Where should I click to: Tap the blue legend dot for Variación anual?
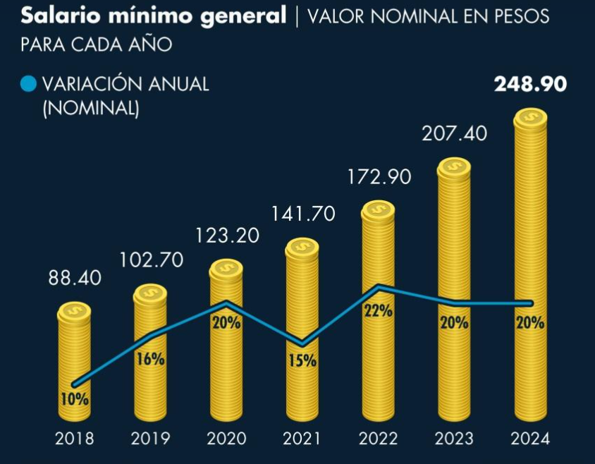coord(28,85)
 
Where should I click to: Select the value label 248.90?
coord(530,85)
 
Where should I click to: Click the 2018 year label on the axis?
coord(75,439)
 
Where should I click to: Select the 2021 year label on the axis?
coord(302,439)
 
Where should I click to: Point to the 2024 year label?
coord(529,439)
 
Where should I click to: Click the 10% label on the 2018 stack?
coord(75,400)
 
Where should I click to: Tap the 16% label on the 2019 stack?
coord(150,359)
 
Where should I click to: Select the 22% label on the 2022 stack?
coord(378,311)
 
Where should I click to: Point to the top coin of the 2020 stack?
coord(226,269)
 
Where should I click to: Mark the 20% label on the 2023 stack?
coord(454,323)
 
